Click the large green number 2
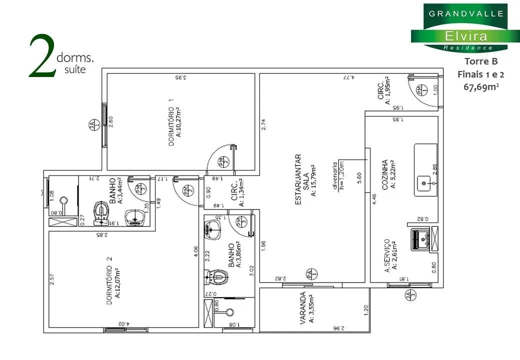41,56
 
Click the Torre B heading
481,62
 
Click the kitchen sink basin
425,183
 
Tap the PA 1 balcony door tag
309,274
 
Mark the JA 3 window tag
411,295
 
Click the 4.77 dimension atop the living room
348,77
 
